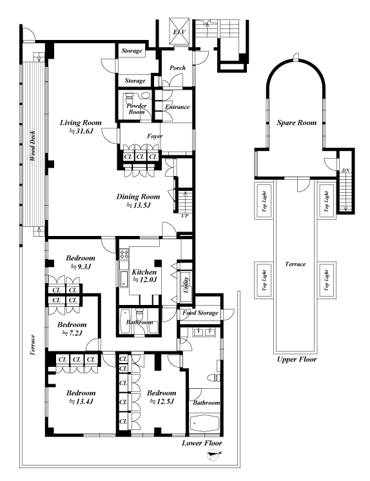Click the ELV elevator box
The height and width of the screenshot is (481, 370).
[x=179, y=32]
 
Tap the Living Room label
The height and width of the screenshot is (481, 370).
[x=81, y=126]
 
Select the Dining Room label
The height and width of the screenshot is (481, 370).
[x=138, y=201]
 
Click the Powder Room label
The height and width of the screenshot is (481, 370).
[x=137, y=108]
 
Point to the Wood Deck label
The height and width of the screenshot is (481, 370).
[x=32, y=146]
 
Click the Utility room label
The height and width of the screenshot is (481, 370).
[x=186, y=284]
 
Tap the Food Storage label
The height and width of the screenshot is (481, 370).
[x=200, y=313]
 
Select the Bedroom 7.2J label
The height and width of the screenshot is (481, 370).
[x=72, y=328]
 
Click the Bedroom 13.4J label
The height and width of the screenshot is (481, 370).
[x=81, y=397]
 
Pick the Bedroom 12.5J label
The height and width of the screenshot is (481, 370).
[x=161, y=397]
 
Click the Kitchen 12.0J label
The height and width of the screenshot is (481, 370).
[x=144, y=275]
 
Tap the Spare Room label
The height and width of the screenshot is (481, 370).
[x=297, y=123]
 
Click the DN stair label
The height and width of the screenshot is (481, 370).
[x=346, y=170]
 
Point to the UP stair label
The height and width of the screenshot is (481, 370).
[x=185, y=215]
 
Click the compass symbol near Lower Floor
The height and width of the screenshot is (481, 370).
[x=213, y=455]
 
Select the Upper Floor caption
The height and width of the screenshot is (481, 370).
[x=297, y=359]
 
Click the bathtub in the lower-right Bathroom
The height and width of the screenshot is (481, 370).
[x=204, y=424]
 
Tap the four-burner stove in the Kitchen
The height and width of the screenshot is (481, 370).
[x=124, y=254]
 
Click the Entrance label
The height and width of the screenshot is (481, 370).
[x=177, y=107]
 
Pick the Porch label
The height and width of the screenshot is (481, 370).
[x=178, y=68]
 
